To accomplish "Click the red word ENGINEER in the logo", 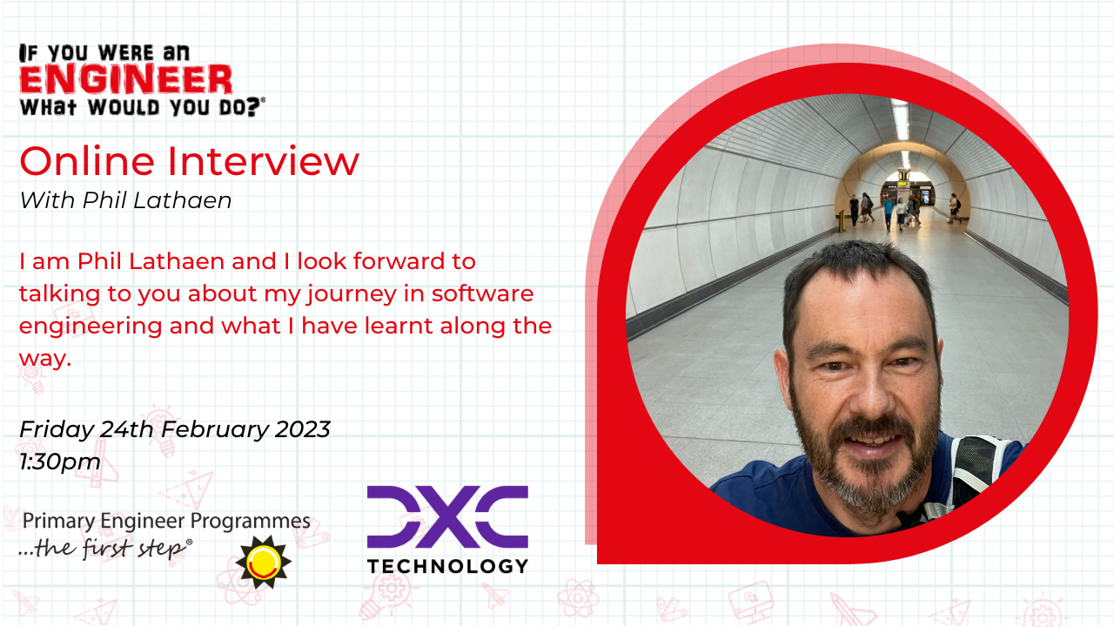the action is click(126, 79).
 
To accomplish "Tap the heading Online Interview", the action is click(190, 161).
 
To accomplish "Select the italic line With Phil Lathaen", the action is click(126, 200).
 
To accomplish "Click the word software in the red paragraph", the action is click(482, 293).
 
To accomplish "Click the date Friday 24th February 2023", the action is click(175, 429).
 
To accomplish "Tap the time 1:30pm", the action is click(60, 462).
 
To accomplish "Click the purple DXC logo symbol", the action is click(447, 517).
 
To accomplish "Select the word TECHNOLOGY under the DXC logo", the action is click(447, 566).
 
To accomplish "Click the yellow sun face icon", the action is click(263, 563).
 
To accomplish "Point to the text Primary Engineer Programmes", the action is click(166, 521).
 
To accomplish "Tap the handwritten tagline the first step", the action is click(106, 549).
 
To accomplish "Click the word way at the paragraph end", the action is click(45, 358).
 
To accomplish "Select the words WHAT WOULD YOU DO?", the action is click(142, 107).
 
